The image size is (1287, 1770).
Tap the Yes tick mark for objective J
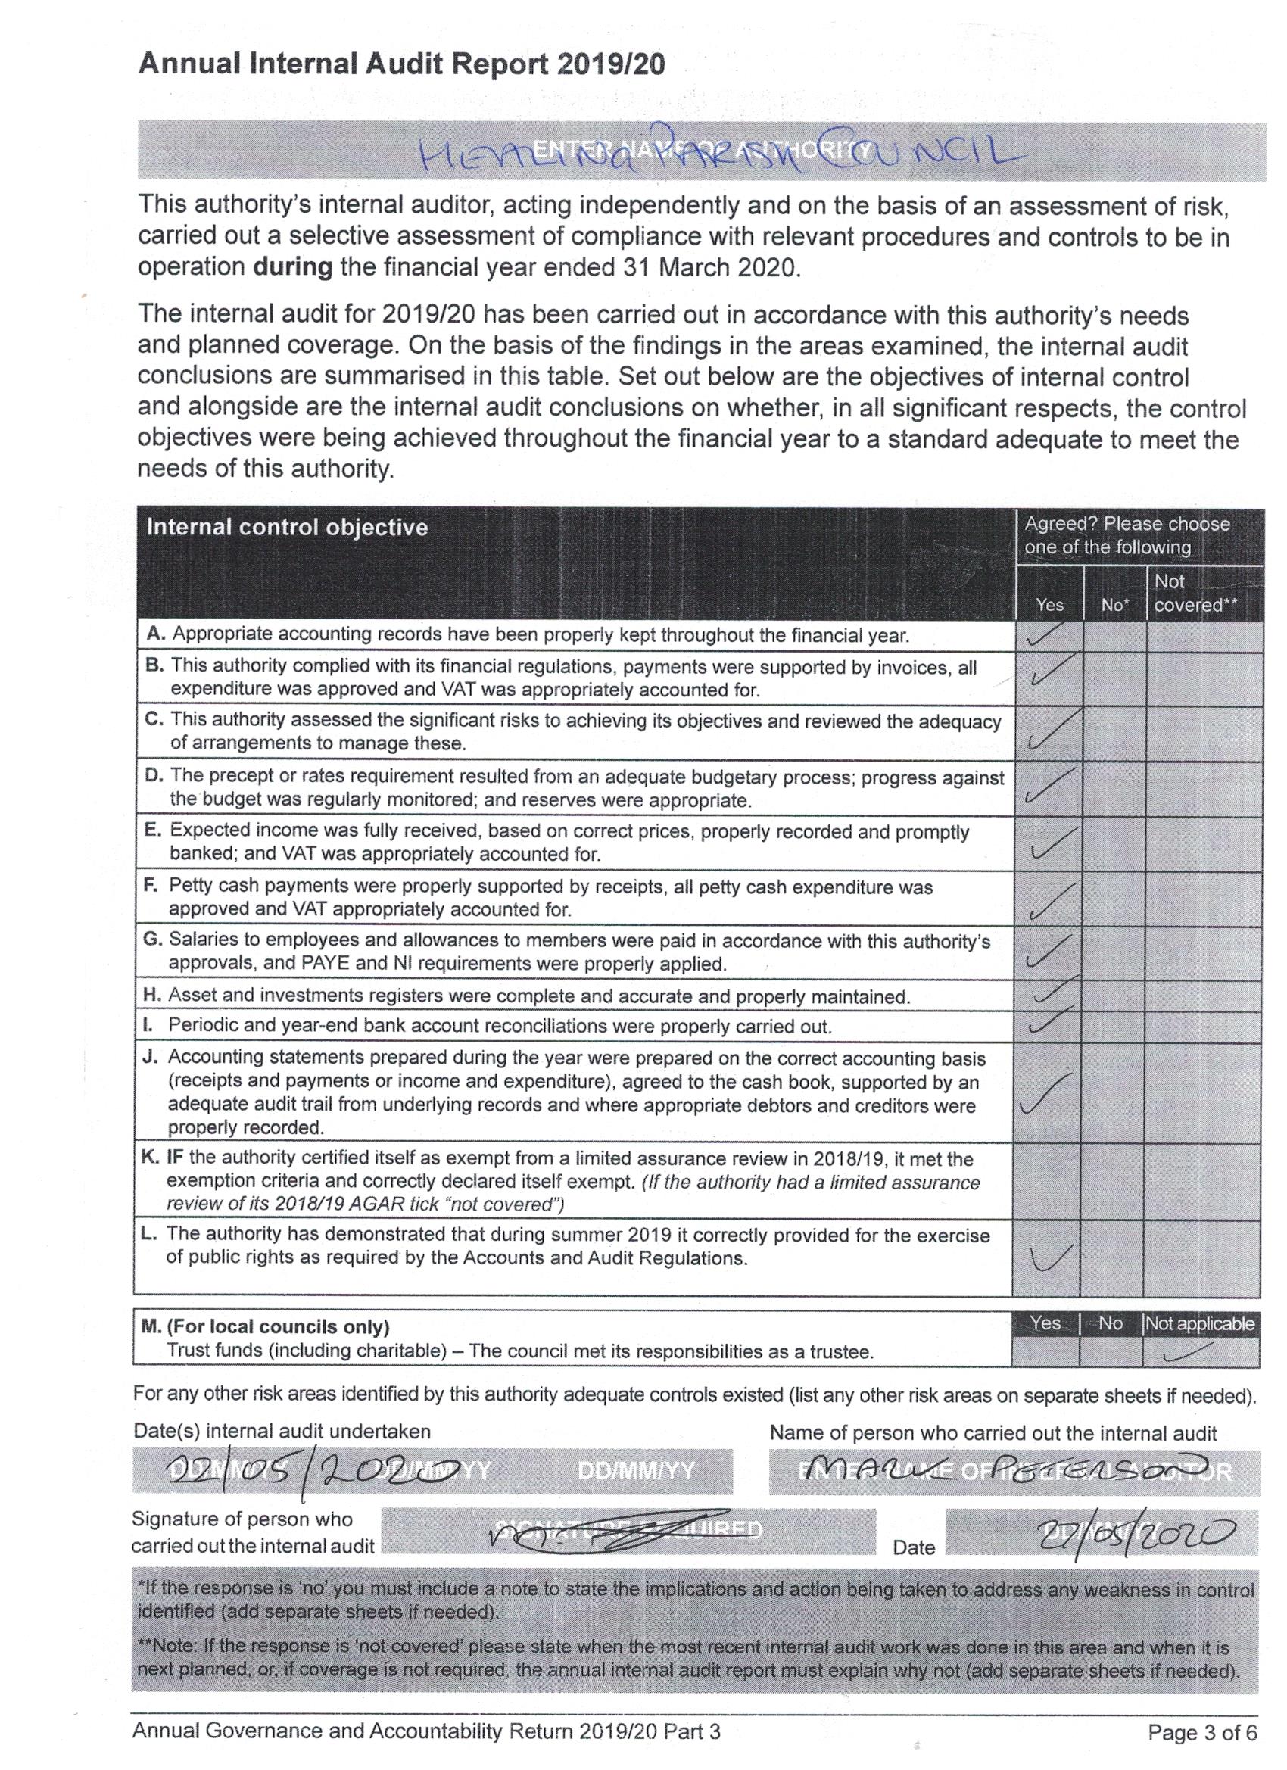tap(1045, 1094)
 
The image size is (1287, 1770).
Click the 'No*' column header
tap(1114, 605)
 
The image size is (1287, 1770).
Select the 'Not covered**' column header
tap(1195, 593)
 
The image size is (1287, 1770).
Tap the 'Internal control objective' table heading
tap(287, 528)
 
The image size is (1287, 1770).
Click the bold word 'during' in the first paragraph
tap(293, 268)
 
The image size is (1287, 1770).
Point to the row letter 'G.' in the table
tap(151, 940)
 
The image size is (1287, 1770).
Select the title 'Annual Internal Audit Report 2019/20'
tap(401, 64)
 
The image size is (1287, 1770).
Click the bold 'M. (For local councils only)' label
tap(266, 1326)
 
